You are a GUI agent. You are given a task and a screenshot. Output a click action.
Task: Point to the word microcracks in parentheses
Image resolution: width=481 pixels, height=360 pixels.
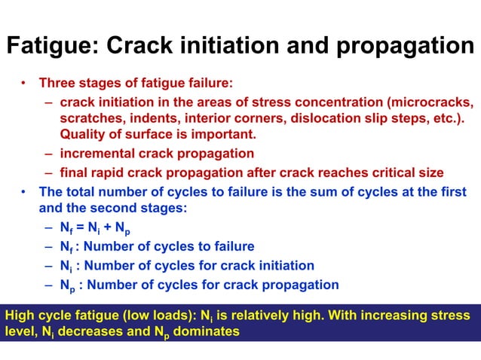click(x=432, y=102)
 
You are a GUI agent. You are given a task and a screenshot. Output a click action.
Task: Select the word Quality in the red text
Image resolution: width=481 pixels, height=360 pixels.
click(x=85, y=135)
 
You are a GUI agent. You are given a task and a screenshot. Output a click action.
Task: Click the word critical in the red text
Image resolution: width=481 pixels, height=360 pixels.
click(x=384, y=172)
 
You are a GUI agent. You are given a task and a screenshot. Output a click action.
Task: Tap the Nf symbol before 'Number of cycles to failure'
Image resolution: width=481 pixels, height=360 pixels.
click(x=66, y=247)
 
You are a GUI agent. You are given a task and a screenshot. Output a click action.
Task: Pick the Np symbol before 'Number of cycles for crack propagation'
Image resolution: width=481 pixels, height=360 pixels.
click(x=68, y=285)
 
